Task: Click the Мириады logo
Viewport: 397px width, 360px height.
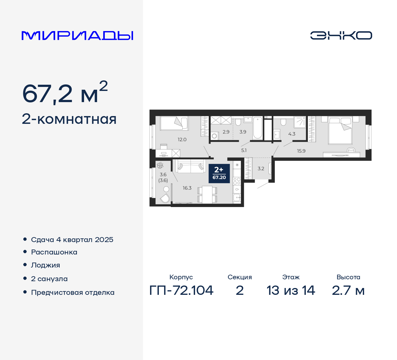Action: coord(77,36)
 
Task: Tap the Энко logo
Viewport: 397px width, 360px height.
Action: coord(341,35)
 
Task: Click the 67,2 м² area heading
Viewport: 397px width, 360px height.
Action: coord(65,93)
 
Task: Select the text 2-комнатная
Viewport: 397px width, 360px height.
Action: coord(69,119)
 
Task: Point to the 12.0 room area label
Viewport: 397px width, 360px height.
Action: coord(182,140)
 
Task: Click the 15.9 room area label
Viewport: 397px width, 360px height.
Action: coord(301,151)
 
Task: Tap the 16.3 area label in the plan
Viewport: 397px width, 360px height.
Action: coord(187,188)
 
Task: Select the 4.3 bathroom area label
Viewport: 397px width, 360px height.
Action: coord(292,134)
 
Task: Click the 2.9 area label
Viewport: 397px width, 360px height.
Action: coord(226,132)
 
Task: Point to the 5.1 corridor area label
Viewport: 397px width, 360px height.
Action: coord(244,151)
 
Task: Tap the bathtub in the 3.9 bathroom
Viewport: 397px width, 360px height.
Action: coord(257,128)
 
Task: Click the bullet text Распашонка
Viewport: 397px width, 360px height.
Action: coord(54,252)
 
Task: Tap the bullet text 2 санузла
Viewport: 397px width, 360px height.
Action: coord(49,279)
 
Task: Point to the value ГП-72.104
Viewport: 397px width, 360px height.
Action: coord(181,290)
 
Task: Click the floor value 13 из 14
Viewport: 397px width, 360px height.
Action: coord(291,290)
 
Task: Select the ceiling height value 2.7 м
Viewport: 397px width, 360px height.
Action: coord(348,290)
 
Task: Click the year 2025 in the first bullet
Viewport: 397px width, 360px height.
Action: coord(104,240)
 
